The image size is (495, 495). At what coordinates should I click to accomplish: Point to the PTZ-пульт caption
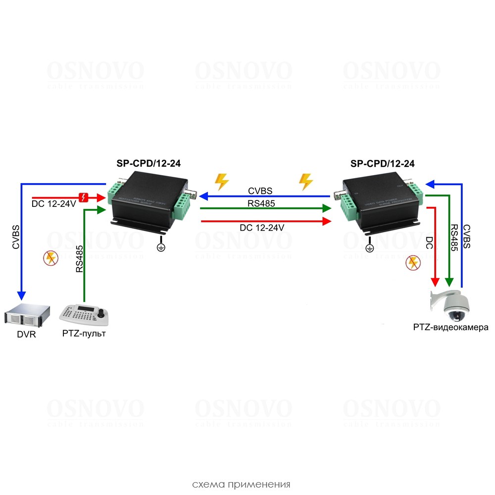pos(84,334)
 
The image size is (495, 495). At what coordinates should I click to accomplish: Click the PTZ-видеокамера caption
pos(450,327)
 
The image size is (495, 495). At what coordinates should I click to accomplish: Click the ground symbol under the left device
pos(160,247)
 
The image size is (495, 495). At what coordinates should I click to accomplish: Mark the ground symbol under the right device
pos(369,248)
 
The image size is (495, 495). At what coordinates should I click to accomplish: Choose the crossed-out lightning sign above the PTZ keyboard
pos(49,258)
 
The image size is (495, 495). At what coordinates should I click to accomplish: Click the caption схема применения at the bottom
pos(241,484)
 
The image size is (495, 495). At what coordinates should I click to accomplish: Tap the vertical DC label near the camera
pos(430,242)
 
